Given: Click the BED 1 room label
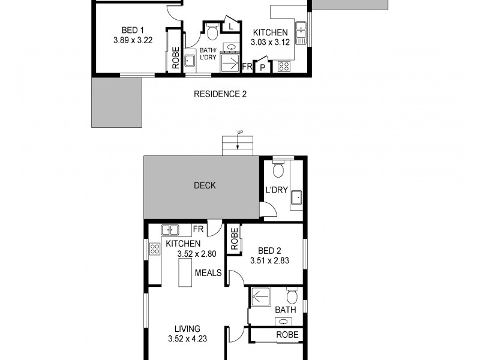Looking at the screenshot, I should coord(132,30).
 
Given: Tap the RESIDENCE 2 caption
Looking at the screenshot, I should coord(220,94).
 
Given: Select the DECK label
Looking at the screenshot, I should coord(205,185).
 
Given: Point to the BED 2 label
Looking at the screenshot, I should coord(269,250).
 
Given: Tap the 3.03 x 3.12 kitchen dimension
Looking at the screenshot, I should coord(270,43).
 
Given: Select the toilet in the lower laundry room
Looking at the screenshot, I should coord(278,172).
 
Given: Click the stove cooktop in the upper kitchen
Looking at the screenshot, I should coord(283,67).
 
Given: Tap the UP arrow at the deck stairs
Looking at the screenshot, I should coord(238,144).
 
